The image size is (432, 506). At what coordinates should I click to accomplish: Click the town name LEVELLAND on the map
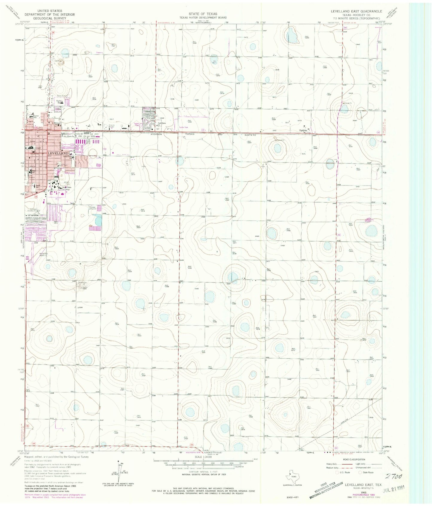(57, 153)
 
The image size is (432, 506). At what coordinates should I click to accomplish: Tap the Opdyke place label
(305, 130)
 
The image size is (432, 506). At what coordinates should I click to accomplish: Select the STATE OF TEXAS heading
(203, 14)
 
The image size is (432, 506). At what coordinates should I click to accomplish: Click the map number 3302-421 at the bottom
(289, 497)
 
